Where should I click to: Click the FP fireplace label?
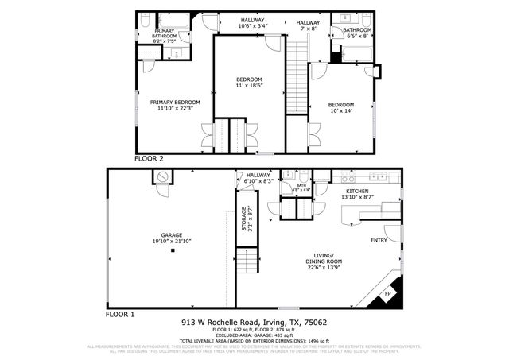click(x=388, y=295)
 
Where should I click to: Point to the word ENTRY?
click(x=379, y=240)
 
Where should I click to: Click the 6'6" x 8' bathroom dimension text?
click(x=356, y=36)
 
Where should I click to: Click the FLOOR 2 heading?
click(x=149, y=159)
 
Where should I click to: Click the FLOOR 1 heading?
click(x=121, y=314)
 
